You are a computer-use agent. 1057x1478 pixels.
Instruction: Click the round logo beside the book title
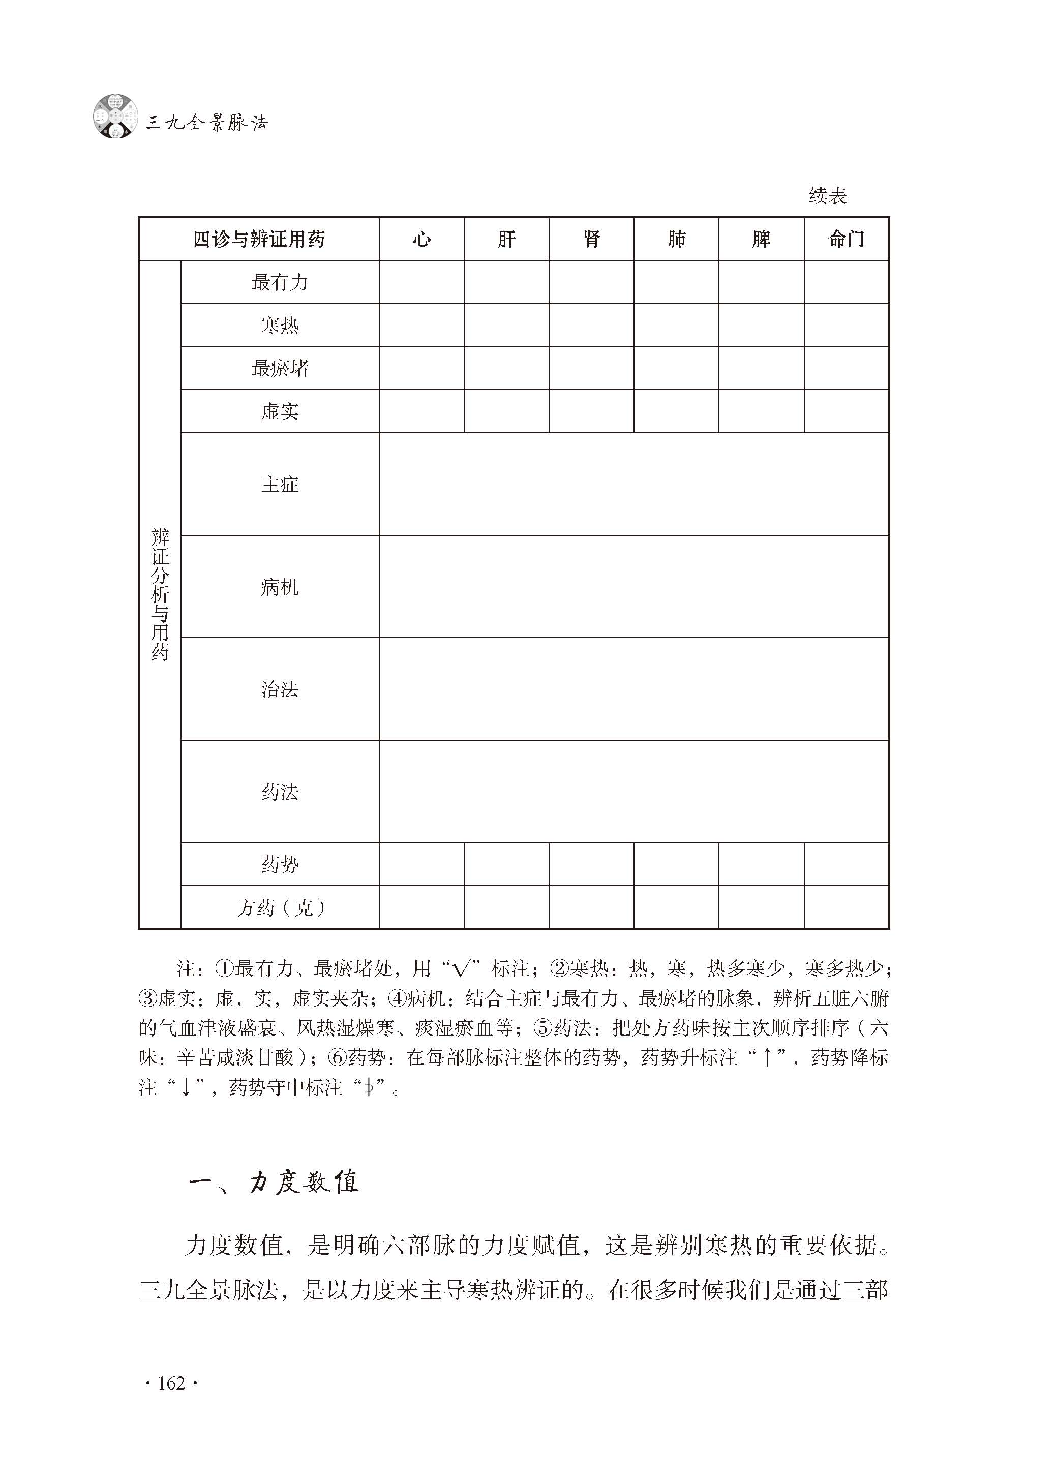tap(116, 116)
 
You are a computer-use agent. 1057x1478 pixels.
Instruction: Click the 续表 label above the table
tap(827, 195)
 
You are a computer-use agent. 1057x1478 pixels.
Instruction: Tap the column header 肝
tap(506, 240)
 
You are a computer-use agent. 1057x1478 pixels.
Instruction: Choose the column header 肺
tap(676, 240)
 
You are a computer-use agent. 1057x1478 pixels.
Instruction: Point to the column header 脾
tap(761, 240)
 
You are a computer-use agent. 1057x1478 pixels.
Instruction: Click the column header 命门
tap(846, 240)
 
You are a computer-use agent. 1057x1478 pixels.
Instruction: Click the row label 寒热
tap(279, 326)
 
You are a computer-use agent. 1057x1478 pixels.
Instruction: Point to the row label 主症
tap(279, 484)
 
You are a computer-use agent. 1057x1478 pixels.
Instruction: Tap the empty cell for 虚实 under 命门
tap(846, 411)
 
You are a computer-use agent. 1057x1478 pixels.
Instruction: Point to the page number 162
tap(171, 1383)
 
